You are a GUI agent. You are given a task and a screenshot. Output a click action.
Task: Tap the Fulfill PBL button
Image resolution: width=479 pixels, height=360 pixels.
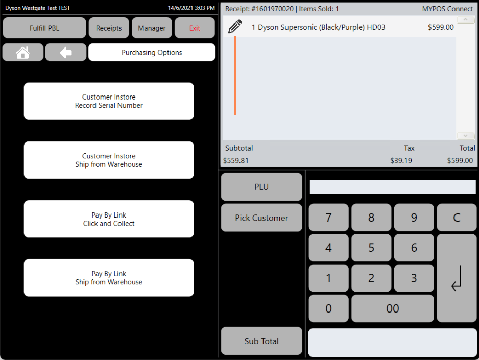[44, 28]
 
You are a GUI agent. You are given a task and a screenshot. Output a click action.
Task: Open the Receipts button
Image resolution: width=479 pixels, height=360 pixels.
[109, 28]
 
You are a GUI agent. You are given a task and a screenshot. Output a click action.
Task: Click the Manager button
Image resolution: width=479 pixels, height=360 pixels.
[152, 28]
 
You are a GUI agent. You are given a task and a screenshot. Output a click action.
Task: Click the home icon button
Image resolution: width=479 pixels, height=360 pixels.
[23, 52]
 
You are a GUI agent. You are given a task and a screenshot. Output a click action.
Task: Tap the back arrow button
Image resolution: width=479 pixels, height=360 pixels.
[66, 52]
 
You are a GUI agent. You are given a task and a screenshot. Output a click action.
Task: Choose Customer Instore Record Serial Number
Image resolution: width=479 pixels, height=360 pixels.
[109, 101]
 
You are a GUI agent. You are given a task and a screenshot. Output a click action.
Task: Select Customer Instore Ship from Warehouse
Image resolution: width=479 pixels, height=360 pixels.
[109, 160]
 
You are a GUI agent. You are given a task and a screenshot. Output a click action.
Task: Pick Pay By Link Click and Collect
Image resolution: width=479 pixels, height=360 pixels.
[109, 219]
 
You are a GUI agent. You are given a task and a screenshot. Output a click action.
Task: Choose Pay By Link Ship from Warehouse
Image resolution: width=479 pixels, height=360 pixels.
[109, 278]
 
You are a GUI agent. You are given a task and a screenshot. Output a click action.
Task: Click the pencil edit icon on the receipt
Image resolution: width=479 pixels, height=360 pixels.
[235, 27]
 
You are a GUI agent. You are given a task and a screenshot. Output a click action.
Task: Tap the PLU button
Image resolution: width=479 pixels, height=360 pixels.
[261, 187]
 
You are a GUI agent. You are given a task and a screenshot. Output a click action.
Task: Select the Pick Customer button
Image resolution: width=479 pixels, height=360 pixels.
[261, 218]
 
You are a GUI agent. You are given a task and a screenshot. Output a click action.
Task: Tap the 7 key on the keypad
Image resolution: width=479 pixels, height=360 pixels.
[329, 218]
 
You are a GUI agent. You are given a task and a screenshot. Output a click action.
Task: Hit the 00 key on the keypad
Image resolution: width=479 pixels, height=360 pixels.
[393, 308]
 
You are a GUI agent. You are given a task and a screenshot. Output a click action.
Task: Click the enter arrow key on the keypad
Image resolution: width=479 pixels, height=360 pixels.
[457, 278]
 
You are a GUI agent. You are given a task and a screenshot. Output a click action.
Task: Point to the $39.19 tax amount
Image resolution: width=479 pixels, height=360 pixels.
[401, 161]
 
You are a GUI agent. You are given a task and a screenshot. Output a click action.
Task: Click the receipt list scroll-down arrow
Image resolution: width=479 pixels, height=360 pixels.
[465, 135]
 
